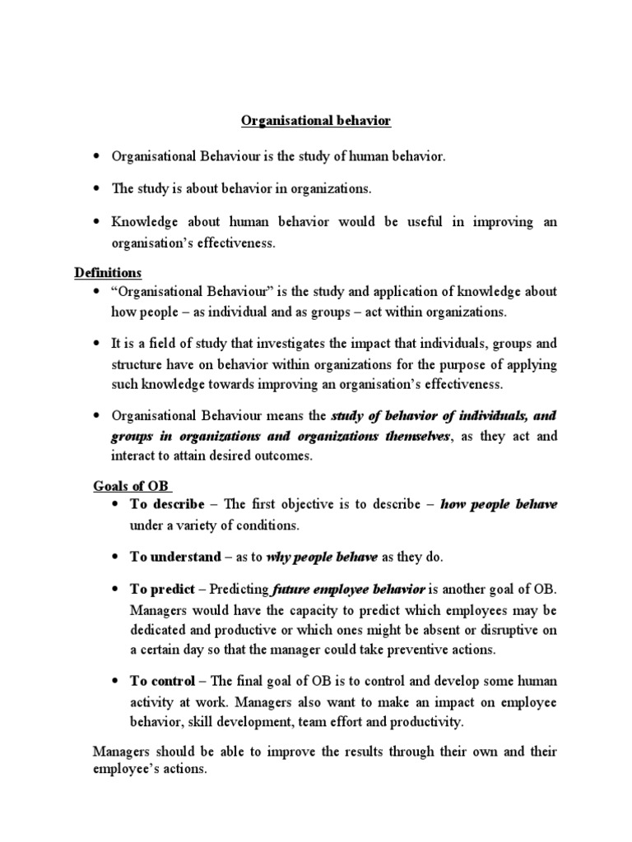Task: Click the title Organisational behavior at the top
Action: [x=316, y=122]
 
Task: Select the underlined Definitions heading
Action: [x=108, y=272]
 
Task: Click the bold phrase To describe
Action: [x=167, y=504]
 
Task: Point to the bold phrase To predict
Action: [x=162, y=590]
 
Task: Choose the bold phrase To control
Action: [x=162, y=682]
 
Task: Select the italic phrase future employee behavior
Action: [x=349, y=590]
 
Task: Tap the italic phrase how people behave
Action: [x=500, y=504]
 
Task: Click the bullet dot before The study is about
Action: [x=96, y=189]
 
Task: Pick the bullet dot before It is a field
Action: [x=96, y=345]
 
